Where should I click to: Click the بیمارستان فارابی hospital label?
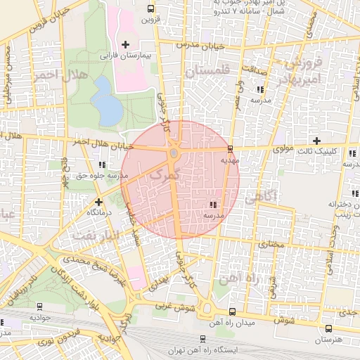coord(125,55)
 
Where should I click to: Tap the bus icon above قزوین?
coord(150,9)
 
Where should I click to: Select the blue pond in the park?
coord(105,100)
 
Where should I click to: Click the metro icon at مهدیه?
coord(230,149)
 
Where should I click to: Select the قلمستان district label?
coord(207,72)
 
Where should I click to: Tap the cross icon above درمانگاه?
coord(89,201)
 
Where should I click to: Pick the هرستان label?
coord(328,340)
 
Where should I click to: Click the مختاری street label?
coord(271,244)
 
